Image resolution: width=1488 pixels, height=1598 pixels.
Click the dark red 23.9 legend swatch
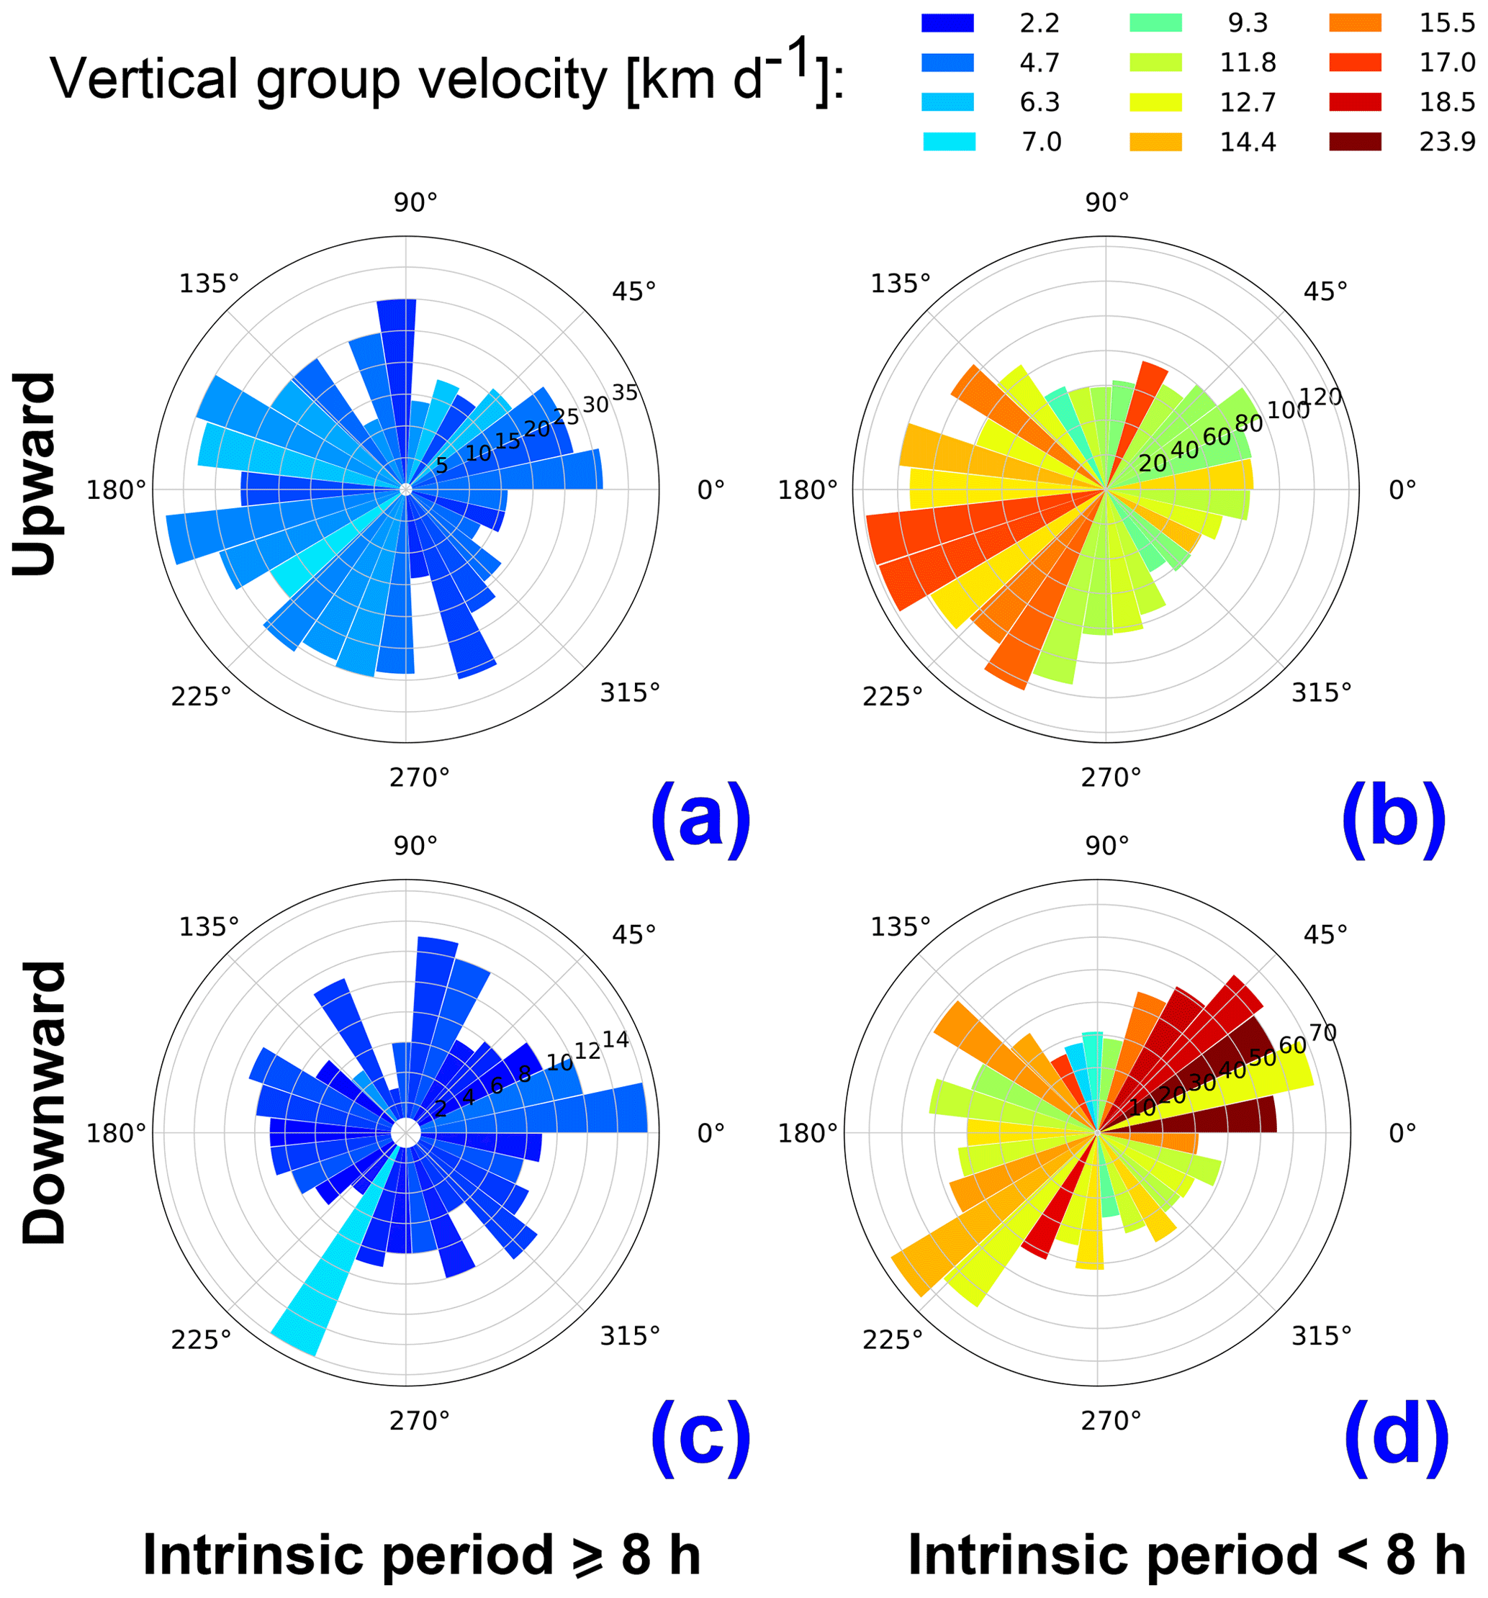pyautogui.click(x=1355, y=142)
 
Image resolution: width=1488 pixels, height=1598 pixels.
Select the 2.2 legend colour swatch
pyautogui.click(x=947, y=22)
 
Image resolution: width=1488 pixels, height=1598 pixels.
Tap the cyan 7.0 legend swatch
pyautogui.click(x=949, y=142)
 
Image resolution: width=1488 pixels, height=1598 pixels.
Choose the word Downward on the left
pyautogui.click(x=44, y=1103)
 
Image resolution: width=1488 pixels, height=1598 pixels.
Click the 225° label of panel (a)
pyautogui.click(x=200, y=696)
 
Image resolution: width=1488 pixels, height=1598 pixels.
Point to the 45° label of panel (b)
pyautogui.click(x=1325, y=291)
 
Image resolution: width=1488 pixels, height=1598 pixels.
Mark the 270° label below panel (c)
pyautogui.click(x=419, y=1421)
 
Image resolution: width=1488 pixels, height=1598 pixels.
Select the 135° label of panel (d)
pyautogui.click(x=901, y=927)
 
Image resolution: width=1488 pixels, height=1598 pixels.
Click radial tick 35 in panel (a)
pyautogui.click(x=625, y=393)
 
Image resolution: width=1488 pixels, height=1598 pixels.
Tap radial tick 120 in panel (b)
pyautogui.click(x=1321, y=397)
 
